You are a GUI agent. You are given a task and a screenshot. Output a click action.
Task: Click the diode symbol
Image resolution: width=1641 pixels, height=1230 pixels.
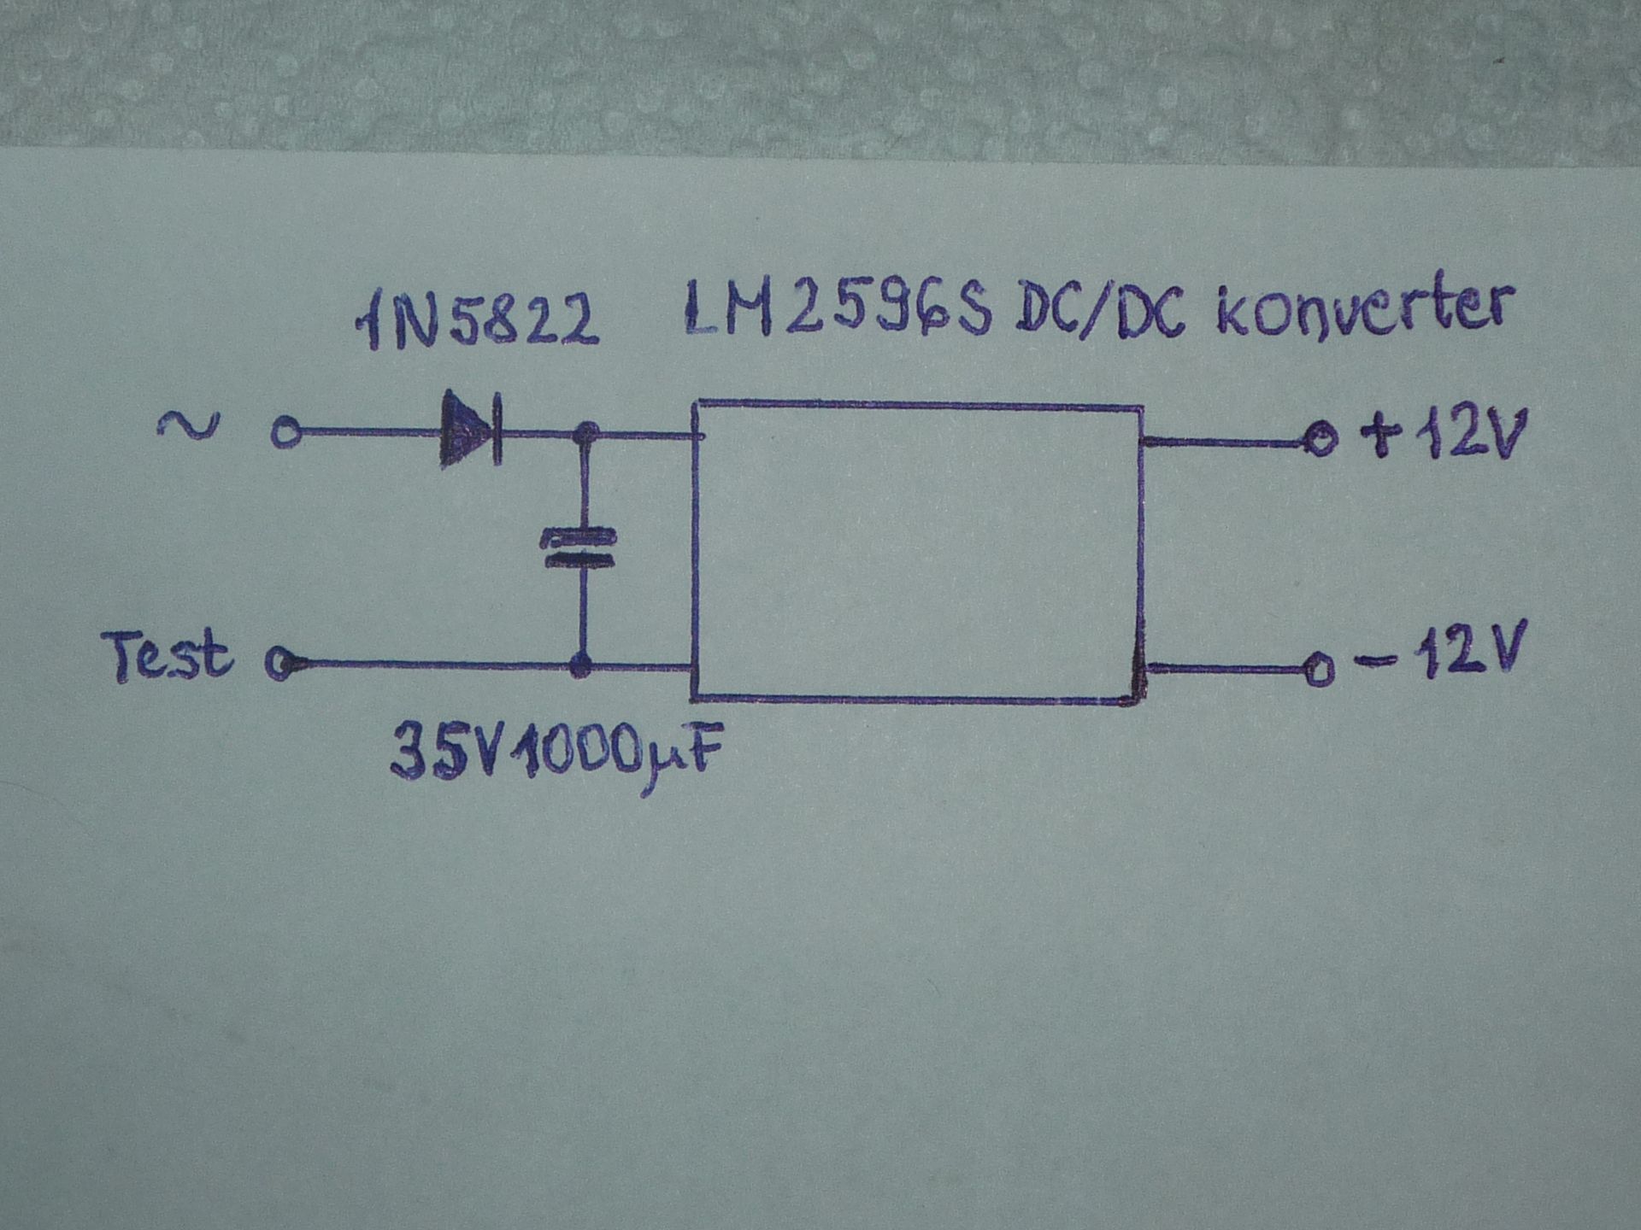[469, 429]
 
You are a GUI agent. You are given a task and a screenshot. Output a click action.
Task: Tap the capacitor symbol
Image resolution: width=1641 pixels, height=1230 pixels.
[579, 549]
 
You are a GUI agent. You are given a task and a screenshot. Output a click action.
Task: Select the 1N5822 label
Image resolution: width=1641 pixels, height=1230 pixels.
[477, 321]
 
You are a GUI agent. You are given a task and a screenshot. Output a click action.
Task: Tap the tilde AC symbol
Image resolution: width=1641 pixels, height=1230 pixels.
[189, 424]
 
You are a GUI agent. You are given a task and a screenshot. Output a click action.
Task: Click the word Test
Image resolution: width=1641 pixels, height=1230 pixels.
[168, 656]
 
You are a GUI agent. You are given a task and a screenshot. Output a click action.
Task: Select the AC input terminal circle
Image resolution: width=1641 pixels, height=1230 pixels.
[286, 433]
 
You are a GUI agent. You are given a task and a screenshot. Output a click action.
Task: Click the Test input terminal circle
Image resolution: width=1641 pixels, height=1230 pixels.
[280, 663]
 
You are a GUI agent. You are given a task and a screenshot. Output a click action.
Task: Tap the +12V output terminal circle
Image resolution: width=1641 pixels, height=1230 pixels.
[1320, 441]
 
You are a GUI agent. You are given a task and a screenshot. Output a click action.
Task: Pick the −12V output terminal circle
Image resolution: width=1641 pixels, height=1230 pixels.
[1319, 669]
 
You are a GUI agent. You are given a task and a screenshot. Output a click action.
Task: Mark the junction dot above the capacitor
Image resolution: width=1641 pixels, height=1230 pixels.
[585, 434]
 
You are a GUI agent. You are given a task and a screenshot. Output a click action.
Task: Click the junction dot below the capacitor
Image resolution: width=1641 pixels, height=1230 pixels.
[581, 664]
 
